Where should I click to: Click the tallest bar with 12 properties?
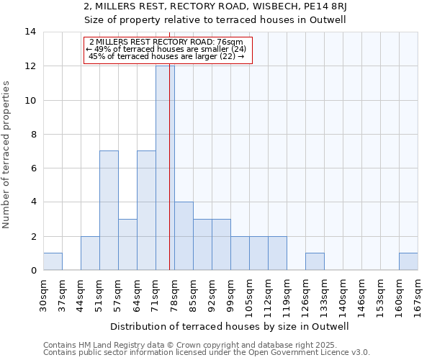pos(165,168)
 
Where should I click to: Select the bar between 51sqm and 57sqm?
pos(109,210)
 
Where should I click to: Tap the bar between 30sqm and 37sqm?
pos(53,261)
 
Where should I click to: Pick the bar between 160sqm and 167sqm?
pos(408,261)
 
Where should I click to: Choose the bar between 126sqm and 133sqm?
pos(315,261)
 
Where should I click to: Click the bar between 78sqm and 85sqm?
pos(184,236)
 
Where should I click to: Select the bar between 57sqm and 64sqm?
pos(127,244)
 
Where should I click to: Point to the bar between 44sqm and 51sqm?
pos(90,253)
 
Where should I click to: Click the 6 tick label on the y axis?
pos(32,168)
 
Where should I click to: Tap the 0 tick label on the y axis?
pos(32,271)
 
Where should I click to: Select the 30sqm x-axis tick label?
pos(43,296)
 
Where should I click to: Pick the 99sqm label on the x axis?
pos(230,296)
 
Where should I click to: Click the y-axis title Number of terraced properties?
pos(7,155)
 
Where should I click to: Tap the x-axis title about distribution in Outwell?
pos(230,326)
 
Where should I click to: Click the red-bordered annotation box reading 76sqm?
pos(168,50)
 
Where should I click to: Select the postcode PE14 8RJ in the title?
pos(320,7)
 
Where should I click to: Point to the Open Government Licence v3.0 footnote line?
pos(207,353)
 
